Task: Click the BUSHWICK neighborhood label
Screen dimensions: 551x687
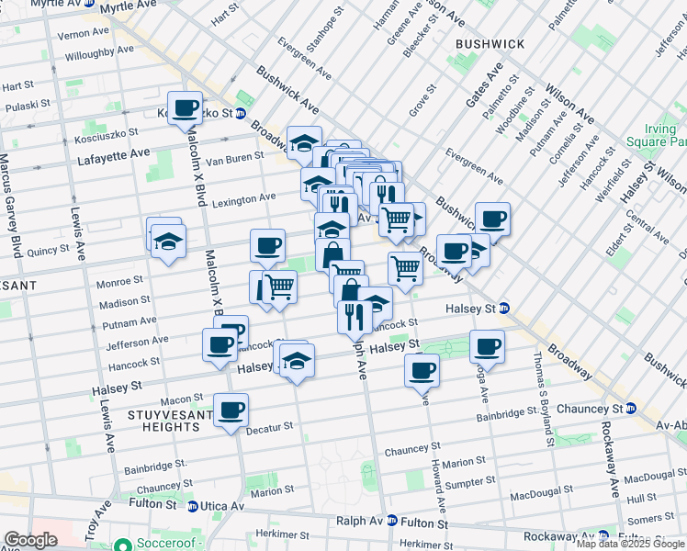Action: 490,43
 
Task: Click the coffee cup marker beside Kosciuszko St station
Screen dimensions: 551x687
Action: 185,107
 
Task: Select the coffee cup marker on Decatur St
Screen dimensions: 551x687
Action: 231,410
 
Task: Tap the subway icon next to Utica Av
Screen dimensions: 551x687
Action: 192,505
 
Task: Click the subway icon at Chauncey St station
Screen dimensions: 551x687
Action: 631,407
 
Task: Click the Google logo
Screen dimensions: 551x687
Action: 30,540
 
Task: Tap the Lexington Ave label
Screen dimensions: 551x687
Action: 244,198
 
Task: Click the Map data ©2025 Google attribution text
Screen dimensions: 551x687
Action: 630,544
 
